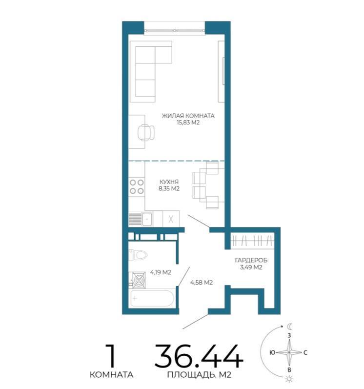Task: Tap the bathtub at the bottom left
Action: [x=151, y=298]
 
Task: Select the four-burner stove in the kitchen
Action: [x=137, y=186]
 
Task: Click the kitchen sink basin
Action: [x=147, y=219]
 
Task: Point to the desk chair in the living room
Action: [x=146, y=132]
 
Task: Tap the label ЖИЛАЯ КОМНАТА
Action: [x=188, y=116]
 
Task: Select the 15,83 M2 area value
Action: [x=188, y=123]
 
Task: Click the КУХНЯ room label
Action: [x=169, y=182]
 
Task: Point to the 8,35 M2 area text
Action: [x=169, y=188]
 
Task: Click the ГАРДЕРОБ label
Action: [x=251, y=260]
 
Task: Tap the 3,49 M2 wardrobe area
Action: [x=251, y=267]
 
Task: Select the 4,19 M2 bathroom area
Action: [x=161, y=272]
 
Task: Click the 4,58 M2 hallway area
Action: [x=202, y=282]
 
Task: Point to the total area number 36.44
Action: [x=199, y=356]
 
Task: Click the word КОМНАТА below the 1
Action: [x=111, y=375]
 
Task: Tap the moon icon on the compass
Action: [x=290, y=326]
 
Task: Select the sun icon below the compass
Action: [x=289, y=379]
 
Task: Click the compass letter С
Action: [x=305, y=352]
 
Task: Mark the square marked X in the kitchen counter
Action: [x=171, y=219]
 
